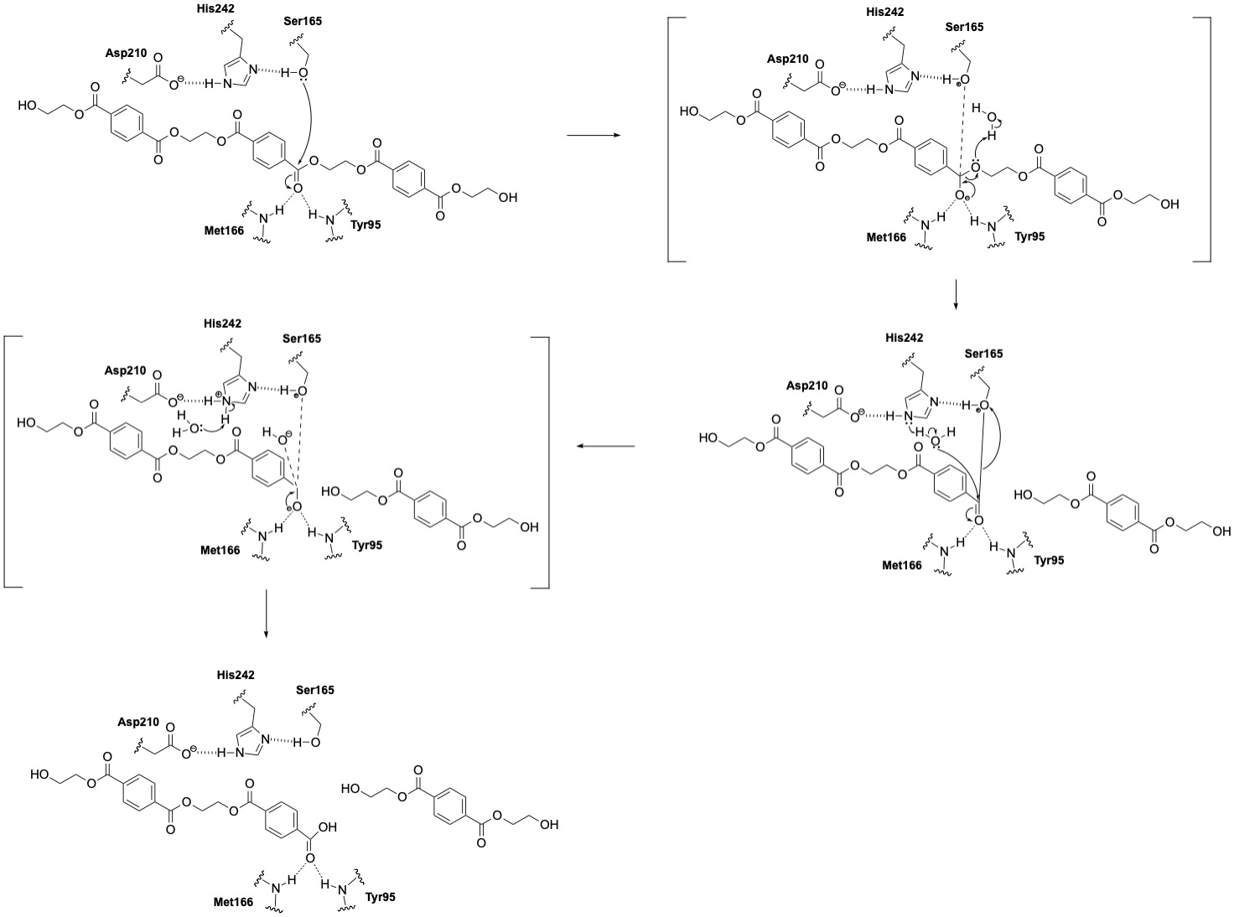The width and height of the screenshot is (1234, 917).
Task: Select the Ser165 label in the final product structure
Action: [314, 690]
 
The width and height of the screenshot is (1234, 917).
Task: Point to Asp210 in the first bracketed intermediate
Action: [787, 59]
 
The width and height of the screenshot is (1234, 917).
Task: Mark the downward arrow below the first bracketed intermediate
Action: [955, 294]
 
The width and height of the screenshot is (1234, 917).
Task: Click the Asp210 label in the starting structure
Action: [126, 52]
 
